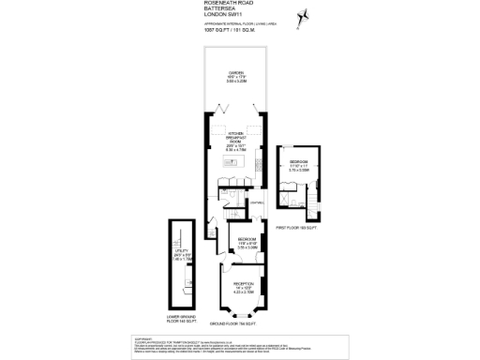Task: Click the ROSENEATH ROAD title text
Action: click(228, 4)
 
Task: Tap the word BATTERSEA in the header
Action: click(220, 10)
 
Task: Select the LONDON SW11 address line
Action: click(224, 17)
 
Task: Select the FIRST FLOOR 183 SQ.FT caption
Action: click(297, 228)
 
